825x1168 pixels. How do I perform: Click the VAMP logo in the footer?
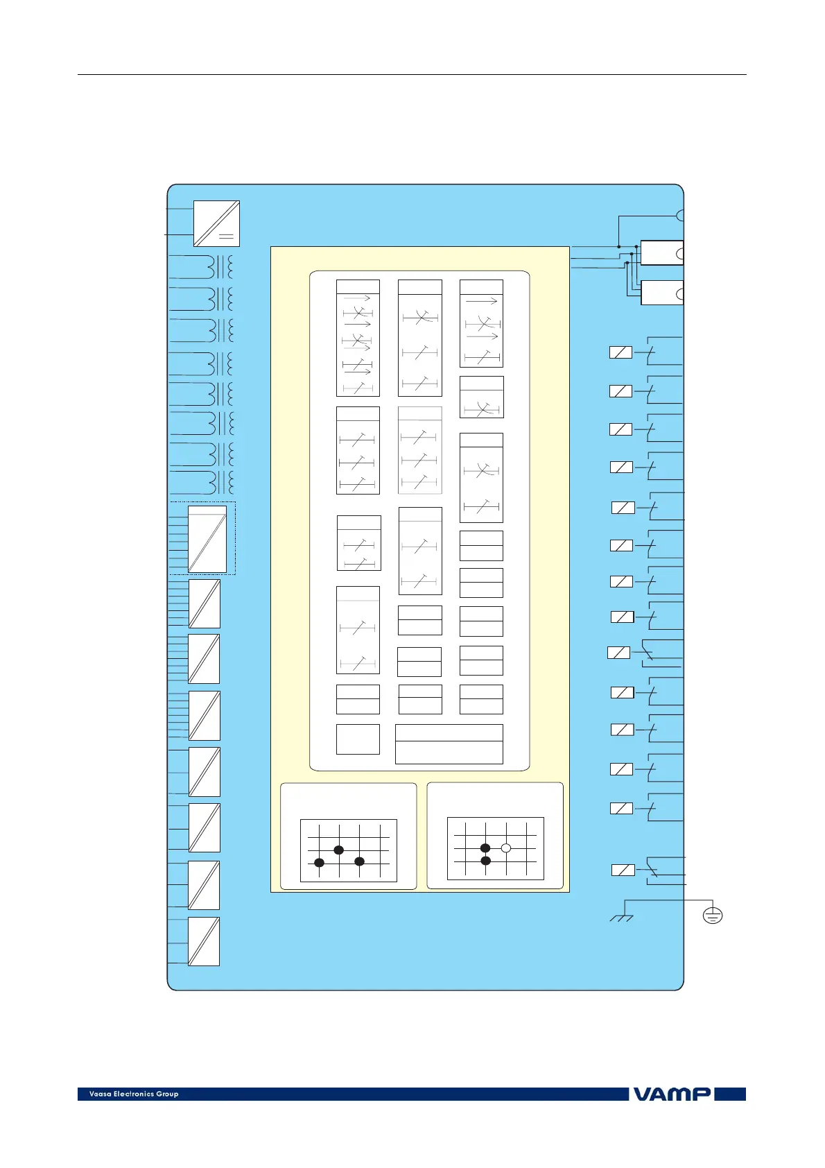coord(670,1094)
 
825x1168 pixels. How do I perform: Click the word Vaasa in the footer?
coord(100,1094)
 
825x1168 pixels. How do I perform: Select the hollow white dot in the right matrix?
coord(506,848)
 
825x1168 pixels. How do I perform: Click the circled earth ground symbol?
coord(712,916)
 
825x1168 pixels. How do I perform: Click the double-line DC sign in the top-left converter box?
coord(226,236)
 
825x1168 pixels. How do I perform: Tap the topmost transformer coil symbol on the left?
coord(221,266)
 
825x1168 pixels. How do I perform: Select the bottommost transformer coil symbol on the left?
coord(221,482)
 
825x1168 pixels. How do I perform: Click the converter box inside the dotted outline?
coord(207,539)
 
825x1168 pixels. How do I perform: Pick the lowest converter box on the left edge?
coord(204,941)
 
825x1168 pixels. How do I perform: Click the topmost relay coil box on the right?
coord(620,352)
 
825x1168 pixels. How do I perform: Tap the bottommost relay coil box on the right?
coord(623,870)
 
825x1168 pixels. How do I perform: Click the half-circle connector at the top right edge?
coord(680,215)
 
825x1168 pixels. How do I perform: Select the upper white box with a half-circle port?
coord(661,253)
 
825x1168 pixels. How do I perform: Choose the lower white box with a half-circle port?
coord(661,293)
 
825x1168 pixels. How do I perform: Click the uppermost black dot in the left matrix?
coord(339,850)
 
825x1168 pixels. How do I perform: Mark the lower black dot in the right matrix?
coord(485,861)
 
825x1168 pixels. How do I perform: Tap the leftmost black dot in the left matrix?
coord(319,862)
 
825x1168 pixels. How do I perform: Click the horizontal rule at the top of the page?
coord(412,74)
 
